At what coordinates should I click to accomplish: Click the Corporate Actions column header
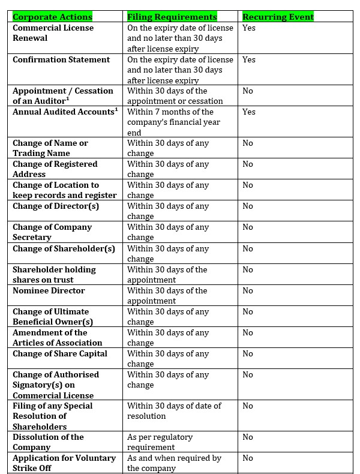53,17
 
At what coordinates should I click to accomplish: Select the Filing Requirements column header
172,17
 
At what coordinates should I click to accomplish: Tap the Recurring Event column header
278,17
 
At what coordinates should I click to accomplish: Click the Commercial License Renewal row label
53,33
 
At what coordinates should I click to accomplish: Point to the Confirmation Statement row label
61,59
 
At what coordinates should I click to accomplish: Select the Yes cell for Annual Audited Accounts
249,112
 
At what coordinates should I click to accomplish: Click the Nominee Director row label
49,290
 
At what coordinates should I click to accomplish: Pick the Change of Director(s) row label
56,206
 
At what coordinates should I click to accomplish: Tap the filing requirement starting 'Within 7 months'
173,122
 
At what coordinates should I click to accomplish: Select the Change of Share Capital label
60,353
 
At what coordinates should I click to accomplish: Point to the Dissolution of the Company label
48,442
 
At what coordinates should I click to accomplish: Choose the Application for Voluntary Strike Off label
64,463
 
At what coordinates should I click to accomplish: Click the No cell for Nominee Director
248,290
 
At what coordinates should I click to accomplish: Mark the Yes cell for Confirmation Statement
249,59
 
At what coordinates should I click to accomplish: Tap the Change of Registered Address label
55,169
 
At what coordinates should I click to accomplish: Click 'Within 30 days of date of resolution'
174,411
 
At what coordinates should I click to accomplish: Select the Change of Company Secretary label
52,232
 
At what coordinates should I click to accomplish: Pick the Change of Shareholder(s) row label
64,248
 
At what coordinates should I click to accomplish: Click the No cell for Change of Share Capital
248,353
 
